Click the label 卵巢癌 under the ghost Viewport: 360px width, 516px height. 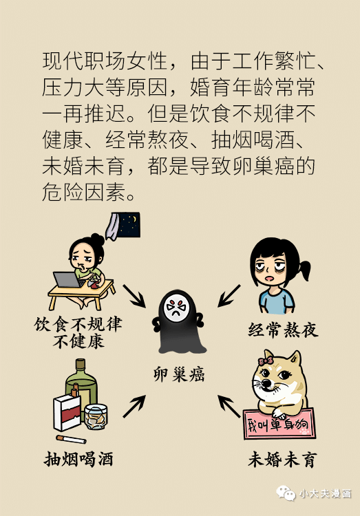[x=179, y=374]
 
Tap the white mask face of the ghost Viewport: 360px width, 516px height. [x=176, y=308]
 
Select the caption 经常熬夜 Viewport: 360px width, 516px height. [x=284, y=330]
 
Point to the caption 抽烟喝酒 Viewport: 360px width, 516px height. [x=78, y=459]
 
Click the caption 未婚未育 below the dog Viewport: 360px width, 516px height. [x=283, y=460]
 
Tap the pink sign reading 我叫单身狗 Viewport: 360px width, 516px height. [x=279, y=424]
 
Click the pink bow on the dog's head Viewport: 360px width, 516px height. [x=266, y=361]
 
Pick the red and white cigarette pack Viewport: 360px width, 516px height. [x=67, y=412]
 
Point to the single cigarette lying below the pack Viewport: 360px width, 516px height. [x=71, y=439]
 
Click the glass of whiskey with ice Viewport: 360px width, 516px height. [x=96, y=417]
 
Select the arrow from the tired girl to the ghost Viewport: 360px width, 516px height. [x=229, y=296]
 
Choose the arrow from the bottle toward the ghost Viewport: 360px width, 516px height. [x=134, y=407]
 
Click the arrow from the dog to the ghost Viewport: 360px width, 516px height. [x=229, y=407]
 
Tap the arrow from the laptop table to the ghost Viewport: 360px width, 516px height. [x=134, y=296]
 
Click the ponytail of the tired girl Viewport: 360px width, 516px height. [x=304, y=270]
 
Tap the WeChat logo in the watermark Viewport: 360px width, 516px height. [x=286, y=493]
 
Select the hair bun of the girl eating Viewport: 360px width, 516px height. [x=97, y=239]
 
